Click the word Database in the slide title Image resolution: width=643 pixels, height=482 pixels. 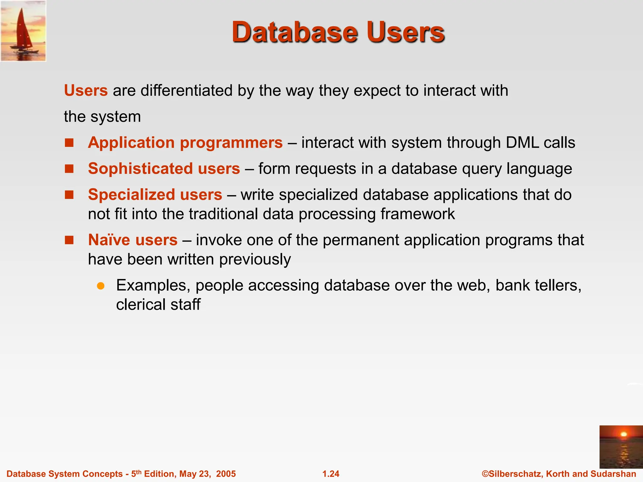pyautogui.click(x=294, y=32)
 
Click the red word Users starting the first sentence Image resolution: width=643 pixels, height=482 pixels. pyautogui.click(x=86, y=91)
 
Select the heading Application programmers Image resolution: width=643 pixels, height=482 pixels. pyautogui.click(x=185, y=143)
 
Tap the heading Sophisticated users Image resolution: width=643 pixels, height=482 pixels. pyautogui.click(x=164, y=169)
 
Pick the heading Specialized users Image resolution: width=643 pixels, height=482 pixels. pyautogui.click(x=155, y=195)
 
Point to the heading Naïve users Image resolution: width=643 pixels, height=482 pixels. pyautogui.click(x=133, y=240)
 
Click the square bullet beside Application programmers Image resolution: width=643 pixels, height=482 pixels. pyautogui.click(x=69, y=143)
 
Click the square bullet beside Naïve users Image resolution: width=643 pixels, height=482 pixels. pyautogui.click(x=69, y=240)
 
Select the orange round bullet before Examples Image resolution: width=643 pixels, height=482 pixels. pyautogui.click(x=100, y=286)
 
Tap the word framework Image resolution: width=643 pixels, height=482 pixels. pyautogui.click(x=418, y=214)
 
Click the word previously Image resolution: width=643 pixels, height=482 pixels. pyautogui.click(x=255, y=260)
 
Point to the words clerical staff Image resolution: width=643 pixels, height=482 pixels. pyautogui.click(x=158, y=305)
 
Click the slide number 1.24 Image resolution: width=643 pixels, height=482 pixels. pyautogui.click(x=331, y=474)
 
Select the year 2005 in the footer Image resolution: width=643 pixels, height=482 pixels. pyautogui.click(x=226, y=474)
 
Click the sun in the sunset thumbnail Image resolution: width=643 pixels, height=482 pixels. pyautogui.click(x=624, y=434)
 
